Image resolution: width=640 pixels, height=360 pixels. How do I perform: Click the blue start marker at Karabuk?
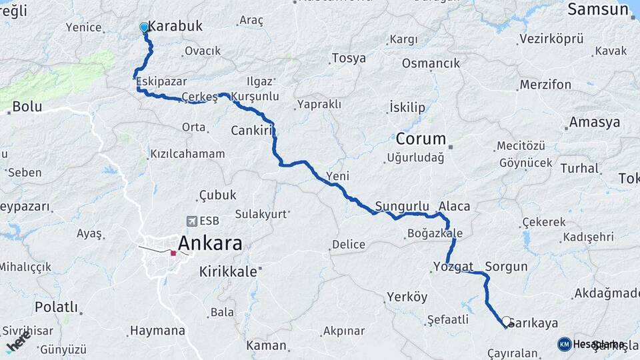(x=144, y=27)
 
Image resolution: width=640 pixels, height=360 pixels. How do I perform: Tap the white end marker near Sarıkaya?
(x=506, y=321)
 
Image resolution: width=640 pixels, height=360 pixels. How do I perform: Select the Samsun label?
(x=594, y=9)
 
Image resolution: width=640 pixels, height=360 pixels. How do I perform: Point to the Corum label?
(x=420, y=139)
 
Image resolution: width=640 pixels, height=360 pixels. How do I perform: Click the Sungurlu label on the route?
(x=402, y=207)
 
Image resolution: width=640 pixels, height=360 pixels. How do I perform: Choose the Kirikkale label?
(x=227, y=271)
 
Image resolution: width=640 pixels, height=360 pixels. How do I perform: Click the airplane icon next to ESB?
(x=191, y=221)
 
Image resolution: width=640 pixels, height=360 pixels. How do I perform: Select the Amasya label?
(x=593, y=123)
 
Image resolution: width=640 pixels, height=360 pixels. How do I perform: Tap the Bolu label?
(x=27, y=106)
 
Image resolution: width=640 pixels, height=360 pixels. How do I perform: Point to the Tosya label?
(x=349, y=58)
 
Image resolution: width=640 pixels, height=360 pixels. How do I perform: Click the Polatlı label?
(x=56, y=307)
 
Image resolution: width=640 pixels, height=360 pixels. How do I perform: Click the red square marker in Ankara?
(x=173, y=253)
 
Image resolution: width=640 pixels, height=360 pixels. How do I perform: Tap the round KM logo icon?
(x=565, y=344)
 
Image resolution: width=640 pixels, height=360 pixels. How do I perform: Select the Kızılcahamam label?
(x=187, y=154)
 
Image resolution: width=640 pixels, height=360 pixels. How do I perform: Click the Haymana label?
(x=157, y=330)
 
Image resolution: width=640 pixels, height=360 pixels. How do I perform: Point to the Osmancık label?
(x=431, y=63)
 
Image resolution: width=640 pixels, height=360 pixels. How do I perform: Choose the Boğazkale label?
(x=434, y=233)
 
